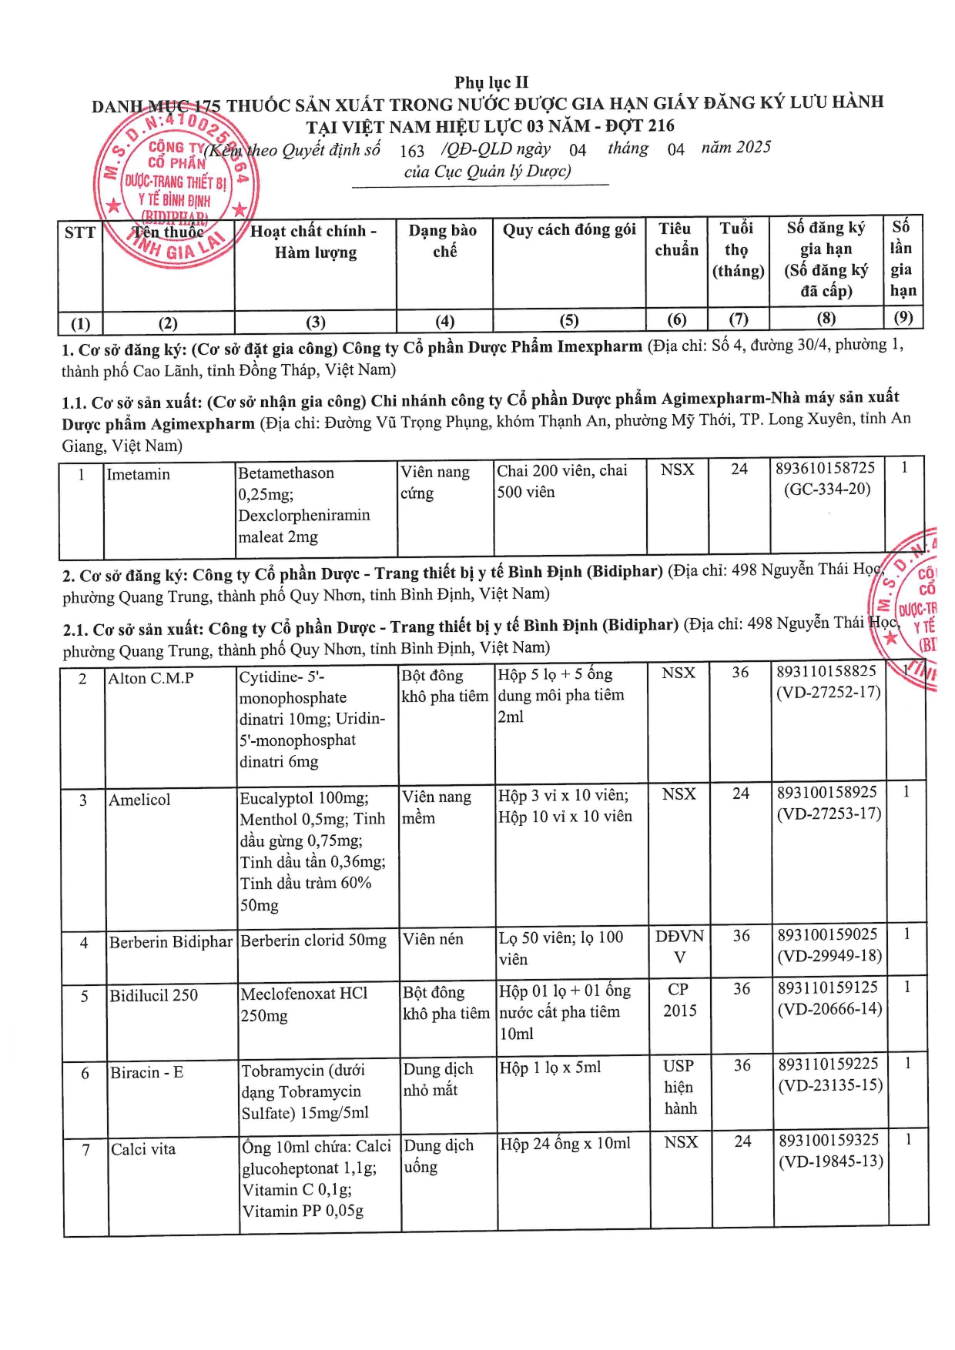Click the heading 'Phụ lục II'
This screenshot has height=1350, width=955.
491,82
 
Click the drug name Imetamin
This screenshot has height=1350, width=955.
138,474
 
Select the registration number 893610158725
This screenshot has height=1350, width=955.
826,468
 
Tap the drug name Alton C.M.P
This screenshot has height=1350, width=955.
151,678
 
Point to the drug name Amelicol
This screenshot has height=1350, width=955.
139,800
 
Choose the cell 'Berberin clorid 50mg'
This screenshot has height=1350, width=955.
313,941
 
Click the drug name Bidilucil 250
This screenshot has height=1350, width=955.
154,995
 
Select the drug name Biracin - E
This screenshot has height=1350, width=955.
147,1072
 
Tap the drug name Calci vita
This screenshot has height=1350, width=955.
143,1149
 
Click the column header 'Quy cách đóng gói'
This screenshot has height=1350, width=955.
569,230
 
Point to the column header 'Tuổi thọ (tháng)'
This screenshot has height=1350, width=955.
738,249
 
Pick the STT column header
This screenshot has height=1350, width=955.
80,232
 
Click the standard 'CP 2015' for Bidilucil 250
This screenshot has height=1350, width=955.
679,1000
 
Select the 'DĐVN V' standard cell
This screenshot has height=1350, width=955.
679,947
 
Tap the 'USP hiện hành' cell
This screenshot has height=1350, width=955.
679,1087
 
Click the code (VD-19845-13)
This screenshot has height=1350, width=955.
830,1161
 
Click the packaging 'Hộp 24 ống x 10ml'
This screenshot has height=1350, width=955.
565,1144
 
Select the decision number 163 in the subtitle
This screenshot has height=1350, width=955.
412,151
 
